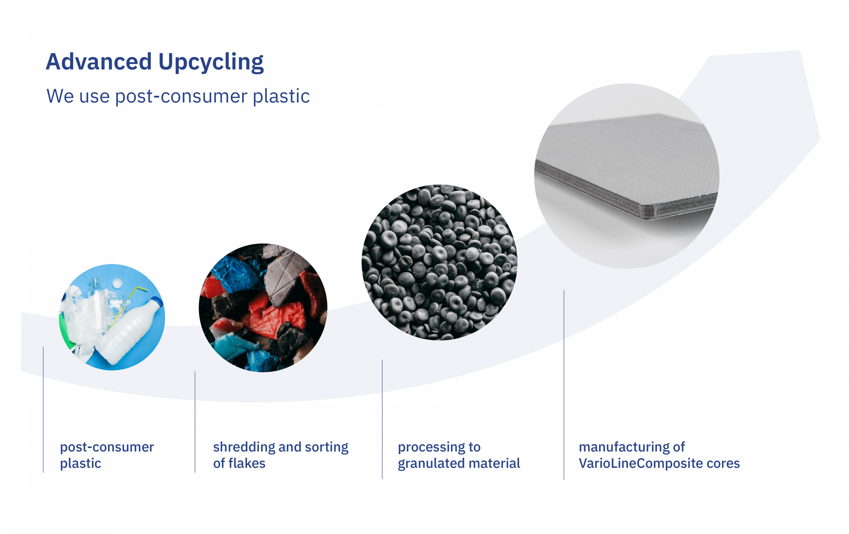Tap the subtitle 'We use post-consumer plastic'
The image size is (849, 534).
coord(178,96)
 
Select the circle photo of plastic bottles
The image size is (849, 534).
coord(112,317)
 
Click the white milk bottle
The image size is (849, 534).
coord(130,332)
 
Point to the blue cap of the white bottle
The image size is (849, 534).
coord(158,302)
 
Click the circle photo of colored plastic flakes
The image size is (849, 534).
coord(263,307)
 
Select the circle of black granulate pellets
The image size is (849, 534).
coord(439,262)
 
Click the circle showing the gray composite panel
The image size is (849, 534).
coord(626,176)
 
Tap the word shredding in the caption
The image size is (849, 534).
coord(244,447)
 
